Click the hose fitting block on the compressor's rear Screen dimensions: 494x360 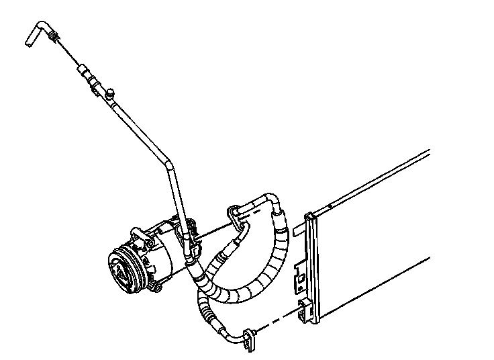coord(192,242)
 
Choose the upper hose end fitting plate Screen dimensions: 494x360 coord(235,213)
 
